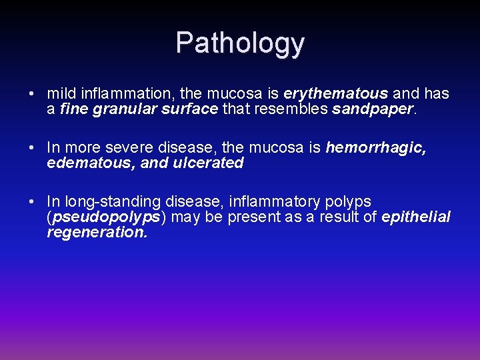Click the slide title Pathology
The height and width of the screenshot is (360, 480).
(x=240, y=43)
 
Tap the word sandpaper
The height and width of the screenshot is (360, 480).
(x=374, y=109)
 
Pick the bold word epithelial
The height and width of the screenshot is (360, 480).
(x=416, y=217)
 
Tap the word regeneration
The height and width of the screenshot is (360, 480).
(x=97, y=232)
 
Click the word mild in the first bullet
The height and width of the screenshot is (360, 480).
(x=60, y=94)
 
